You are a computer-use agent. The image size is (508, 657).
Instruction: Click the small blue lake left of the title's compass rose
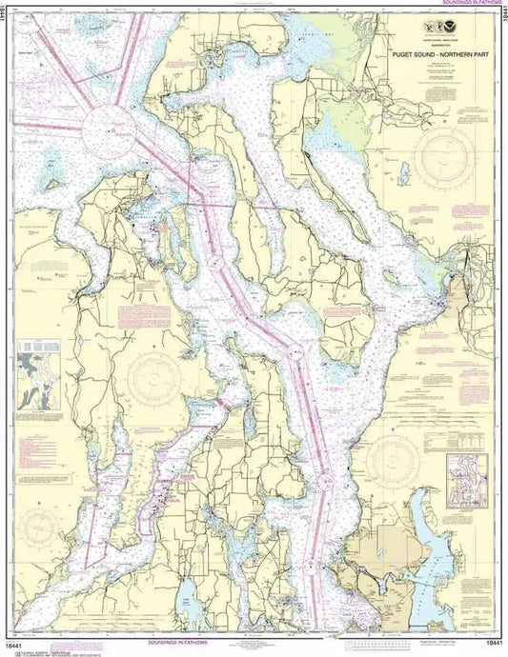403,173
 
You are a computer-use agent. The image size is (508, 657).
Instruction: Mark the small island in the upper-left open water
52,184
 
